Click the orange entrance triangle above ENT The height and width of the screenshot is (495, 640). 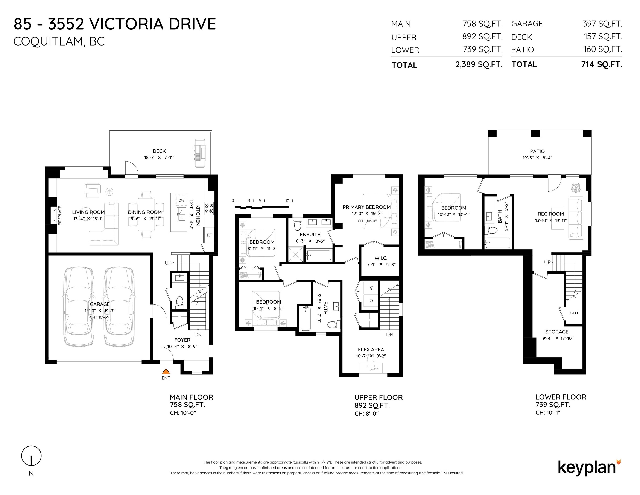click(x=166, y=371)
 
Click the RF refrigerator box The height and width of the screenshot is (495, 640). click(x=209, y=235)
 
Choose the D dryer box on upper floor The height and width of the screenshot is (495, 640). click(x=371, y=301)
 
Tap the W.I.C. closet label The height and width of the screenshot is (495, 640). click(x=381, y=258)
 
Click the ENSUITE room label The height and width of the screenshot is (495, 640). click(x=310, y=235)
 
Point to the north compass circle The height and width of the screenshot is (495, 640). click(x=31, y=456)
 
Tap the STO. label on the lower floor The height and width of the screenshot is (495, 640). click(x=574, y=313)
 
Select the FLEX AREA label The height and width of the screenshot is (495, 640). click(x=371, y=350)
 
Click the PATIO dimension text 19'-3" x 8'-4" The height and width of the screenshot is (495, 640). click(x=537, y=158)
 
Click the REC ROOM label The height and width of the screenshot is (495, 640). click(x=551, y=214)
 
